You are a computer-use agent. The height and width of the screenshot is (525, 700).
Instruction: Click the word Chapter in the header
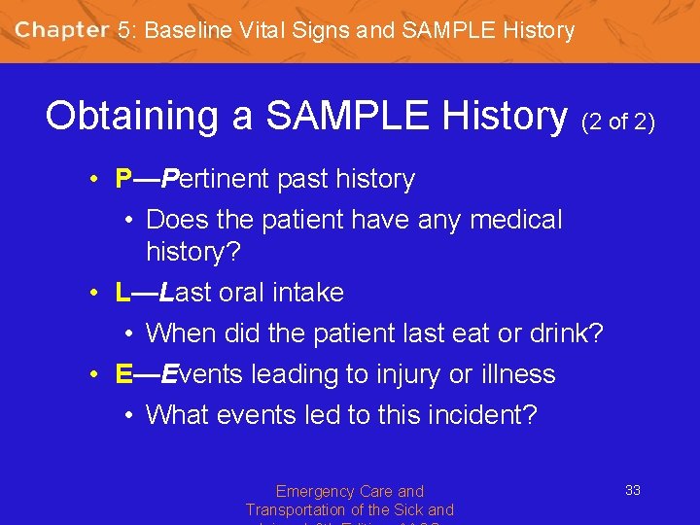[x=61, y=29]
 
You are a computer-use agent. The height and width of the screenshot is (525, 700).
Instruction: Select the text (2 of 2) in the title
[x=618, y=122]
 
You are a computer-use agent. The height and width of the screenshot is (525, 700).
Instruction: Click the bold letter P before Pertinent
[x=123, y=179]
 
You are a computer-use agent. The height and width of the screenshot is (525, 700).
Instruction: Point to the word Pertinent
[x=216, y=179]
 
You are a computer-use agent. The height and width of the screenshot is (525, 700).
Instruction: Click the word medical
[x=516, y=220]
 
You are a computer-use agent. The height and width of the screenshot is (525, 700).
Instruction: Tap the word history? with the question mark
[x=193, y=251]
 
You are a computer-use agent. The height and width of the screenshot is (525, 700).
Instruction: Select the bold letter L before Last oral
[x=122, y=292]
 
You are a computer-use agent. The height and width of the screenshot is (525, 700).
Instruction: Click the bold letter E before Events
[x=123, y=374]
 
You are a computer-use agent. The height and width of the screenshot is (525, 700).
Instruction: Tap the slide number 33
[x=632, y=490]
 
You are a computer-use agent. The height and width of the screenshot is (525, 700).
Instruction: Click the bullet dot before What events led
[x=129, y=416]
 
